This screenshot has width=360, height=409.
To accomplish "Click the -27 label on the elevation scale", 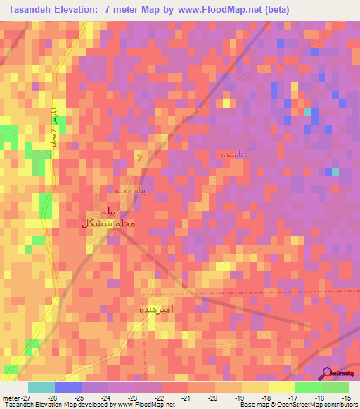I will click(x=25, y=398).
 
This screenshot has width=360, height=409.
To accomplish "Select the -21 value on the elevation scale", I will click(x=187, y=398).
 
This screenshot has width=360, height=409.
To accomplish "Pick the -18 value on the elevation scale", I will click(x=266, y=398).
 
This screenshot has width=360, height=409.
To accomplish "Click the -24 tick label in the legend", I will click(x=108, y=398).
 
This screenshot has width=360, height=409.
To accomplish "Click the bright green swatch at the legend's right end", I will click(x=335, y=387).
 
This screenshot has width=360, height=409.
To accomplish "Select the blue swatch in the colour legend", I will click(x=67, y=387).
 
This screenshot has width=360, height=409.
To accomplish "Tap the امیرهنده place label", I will click(x=156, y=309).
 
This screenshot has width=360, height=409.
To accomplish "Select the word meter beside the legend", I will click(x=10, y=398).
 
